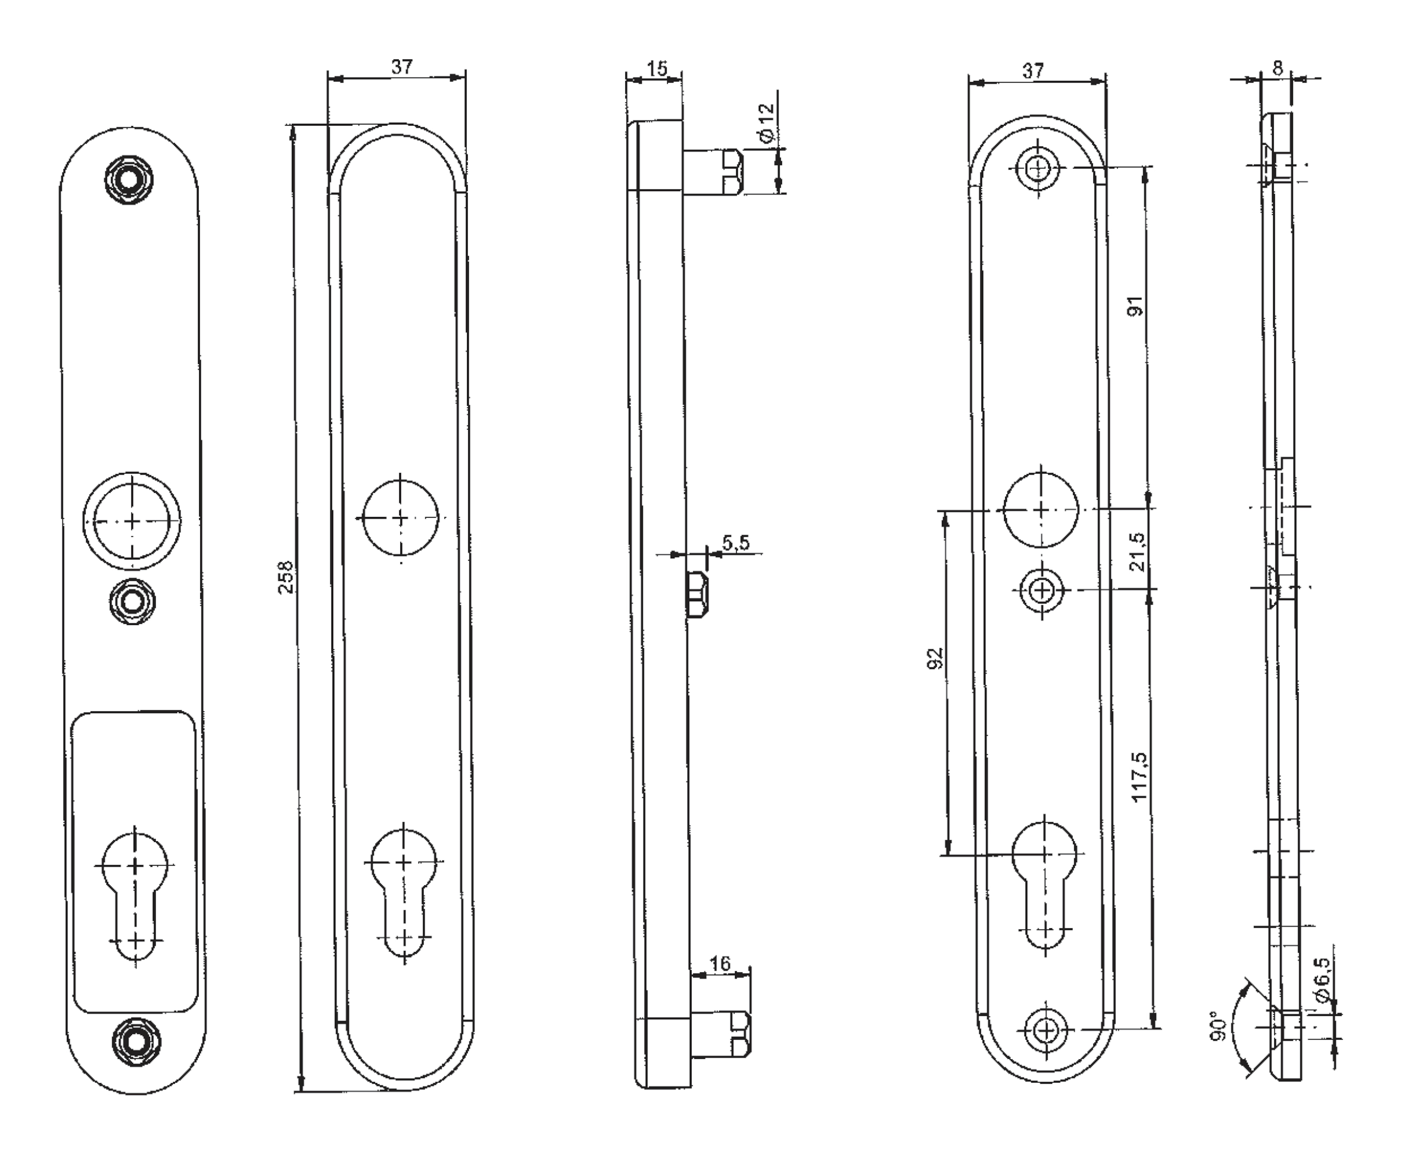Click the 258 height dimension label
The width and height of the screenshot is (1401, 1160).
pos(286,577)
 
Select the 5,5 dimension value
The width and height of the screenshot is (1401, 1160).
pos(736,543)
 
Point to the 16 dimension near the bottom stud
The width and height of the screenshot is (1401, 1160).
pos(720,964)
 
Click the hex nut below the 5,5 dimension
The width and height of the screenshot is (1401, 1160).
pos(697,594)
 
